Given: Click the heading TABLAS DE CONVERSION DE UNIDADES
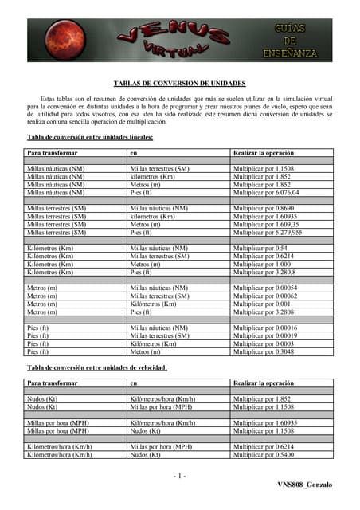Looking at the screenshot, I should coord(179,83).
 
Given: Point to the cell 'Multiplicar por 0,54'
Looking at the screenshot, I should coord(259,249).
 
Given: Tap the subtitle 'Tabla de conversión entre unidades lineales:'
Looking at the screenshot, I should coord(90,137).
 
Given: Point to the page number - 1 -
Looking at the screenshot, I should coord(179,476).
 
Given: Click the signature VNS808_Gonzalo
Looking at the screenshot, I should coord(305,484).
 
